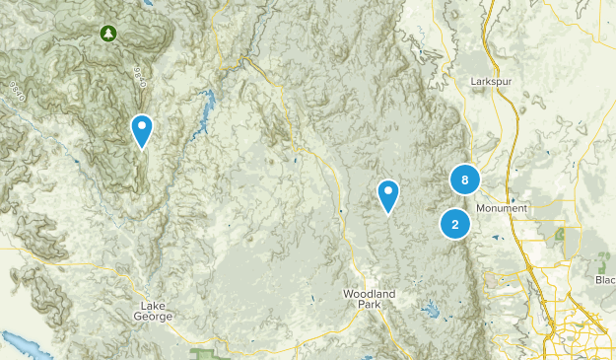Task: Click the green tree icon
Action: (x=107, y=35)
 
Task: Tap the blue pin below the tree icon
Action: (x=142, y=129)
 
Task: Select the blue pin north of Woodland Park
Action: (x=388, y=194)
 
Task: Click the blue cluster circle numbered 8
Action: (x=464, y=180)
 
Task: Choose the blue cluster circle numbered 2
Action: (x=455, y=224)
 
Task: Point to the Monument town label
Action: (x=502, y=208)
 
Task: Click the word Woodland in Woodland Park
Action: (x=369, y=295)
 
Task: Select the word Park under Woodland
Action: (x=370, y=306)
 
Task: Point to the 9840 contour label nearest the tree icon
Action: (x=137, y=77)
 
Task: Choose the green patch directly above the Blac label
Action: (x=604, y=262)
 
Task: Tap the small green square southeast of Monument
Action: (x=562, y=235)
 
